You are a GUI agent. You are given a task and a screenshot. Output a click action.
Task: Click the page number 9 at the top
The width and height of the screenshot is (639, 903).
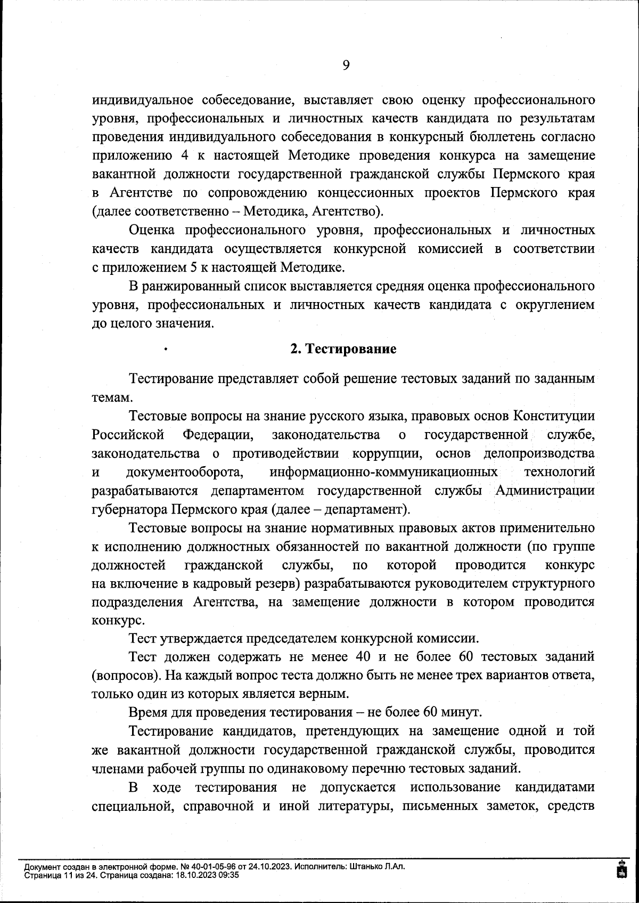tap(346, 66)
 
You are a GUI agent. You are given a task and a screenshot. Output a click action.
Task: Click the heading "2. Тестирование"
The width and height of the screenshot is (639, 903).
tap(343, 349)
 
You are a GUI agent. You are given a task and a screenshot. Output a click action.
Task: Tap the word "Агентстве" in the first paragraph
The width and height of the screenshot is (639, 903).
tap(142, 193)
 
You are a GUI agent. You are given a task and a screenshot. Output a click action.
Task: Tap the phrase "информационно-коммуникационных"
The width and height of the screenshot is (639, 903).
tap(383, 472)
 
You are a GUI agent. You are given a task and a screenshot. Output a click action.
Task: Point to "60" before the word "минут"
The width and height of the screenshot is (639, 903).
tap(430, 712)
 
